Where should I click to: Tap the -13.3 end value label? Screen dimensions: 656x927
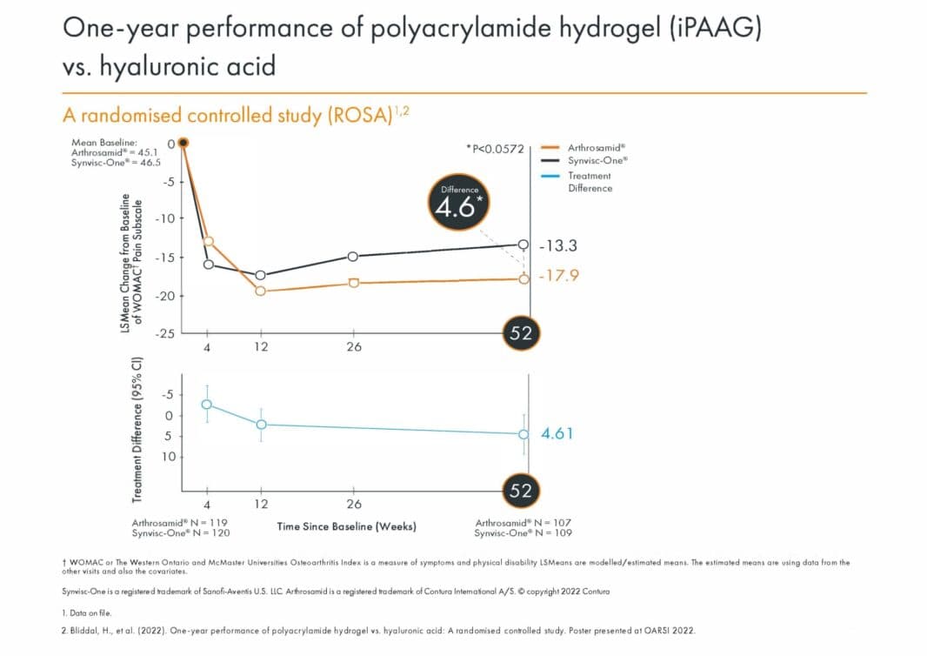point(559,246)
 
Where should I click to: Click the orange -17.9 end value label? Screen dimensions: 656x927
point(559,276)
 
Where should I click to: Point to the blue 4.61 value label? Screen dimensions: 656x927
point(557,433)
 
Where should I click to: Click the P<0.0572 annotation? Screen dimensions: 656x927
point(495,150)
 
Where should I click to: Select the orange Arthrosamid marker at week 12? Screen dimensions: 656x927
point(261,291)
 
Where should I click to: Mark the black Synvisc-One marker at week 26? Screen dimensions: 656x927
point(353,256)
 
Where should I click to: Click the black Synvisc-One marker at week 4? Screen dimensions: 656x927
point(208,264)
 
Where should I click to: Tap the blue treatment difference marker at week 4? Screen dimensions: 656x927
point(207,405)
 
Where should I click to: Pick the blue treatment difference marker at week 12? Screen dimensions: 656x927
point(261,425)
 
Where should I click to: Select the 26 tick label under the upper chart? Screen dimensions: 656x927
point(353,346)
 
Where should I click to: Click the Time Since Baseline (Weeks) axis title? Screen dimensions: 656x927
point(346,526)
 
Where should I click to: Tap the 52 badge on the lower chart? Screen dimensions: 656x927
point(520,491)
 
